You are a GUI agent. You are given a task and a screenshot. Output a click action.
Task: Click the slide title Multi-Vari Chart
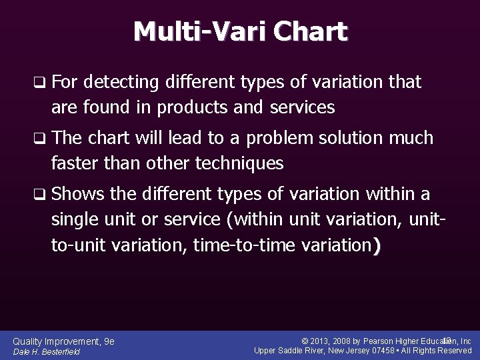(240, 31)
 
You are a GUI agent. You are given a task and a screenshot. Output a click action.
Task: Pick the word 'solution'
(351, 139)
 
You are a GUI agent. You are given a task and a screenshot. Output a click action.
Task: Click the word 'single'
(75, 219)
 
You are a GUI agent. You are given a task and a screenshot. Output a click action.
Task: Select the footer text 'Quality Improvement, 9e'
(64, 341)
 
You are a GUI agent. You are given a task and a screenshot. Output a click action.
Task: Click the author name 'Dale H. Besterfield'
(47, 352)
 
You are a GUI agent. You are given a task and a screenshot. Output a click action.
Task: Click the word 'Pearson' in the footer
(385, 341)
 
